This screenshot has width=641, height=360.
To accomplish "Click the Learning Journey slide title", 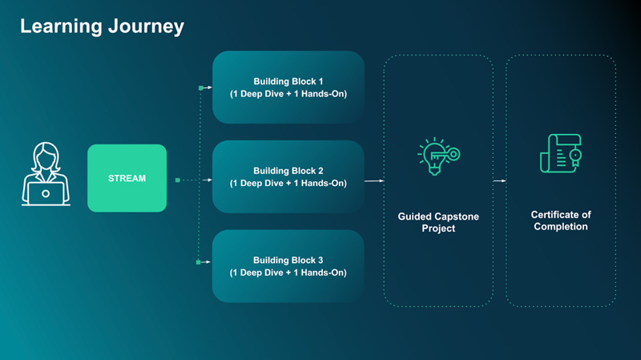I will coord(102,26).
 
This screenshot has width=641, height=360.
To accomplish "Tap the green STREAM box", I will coord(127,178).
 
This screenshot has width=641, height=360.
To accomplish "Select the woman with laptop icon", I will coord(46,174).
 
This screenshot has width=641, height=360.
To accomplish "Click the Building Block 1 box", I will coord(288,87).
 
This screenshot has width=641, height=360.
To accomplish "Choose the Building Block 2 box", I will coord(288,177).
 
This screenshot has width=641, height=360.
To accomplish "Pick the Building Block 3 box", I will coord(288,266).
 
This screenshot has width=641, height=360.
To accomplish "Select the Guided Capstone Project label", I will coord(437,222).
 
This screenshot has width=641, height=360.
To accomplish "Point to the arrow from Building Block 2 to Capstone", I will coord(374,181).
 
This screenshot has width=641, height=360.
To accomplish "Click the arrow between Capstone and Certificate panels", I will coord(498,181).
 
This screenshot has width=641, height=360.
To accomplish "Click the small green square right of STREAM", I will coord(177,180).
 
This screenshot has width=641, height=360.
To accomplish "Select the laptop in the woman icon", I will coord(46,192).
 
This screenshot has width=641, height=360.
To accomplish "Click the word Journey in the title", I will coord(145,26).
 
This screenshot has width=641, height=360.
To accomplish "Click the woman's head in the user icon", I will coord(46,155).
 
